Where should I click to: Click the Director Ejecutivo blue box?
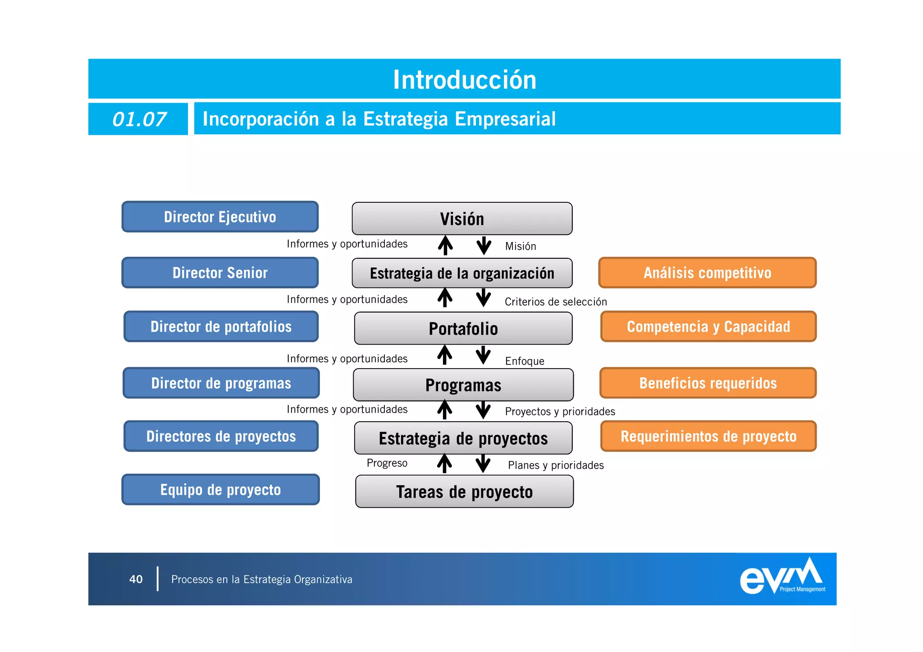click(x=220, y=217)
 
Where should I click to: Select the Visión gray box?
click(x=462, y=219)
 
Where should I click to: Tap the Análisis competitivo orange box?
click(x=707, y=273)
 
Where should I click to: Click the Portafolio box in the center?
click(x=463, y=328)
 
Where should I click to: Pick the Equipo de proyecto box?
click(x=220, y=489)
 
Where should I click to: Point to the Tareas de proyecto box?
click(x=464, y=492)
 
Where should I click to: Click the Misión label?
click(x=520, y=246)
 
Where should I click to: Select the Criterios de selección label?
click(x=555, y=301)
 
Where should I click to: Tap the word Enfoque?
click(x=524, y=361)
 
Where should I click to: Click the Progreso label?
click(x=387, y=463)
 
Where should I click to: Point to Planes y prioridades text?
click(x=555, y=465)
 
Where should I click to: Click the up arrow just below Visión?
click(x=445, y=245)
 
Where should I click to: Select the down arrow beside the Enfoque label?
click(x=483, y=355)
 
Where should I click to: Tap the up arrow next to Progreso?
click(x=444, y=463)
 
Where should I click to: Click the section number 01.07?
click(x=139, y=119)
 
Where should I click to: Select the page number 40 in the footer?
click(x=136, y=579)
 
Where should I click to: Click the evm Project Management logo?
click(x=782, y=577)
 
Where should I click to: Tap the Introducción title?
click(x=464, y=80)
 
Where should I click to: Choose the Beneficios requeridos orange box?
click(x=708, y=383)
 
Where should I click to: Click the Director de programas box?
click(x=221, y=383)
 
